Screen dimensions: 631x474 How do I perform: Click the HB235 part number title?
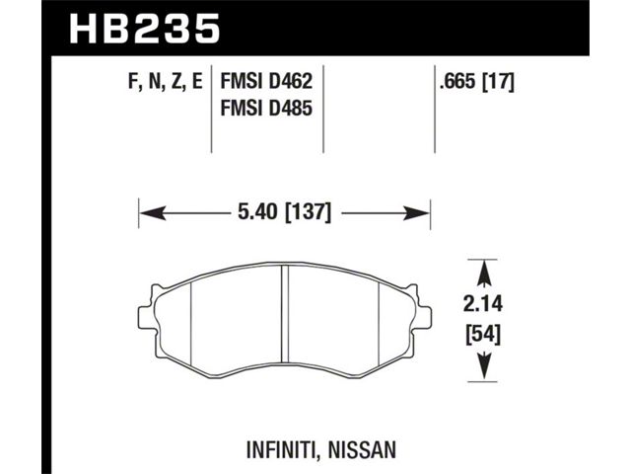145,29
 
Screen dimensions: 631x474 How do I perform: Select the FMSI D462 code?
266,82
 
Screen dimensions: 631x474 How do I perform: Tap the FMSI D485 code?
266,109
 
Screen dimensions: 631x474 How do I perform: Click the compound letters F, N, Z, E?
165,83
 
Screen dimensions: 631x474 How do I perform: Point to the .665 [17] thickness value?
477,83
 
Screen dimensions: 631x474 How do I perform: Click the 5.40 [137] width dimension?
285,212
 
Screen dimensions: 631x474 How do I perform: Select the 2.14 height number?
483,304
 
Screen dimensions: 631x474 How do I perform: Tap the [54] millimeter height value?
483,336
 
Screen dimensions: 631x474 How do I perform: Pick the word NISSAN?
362,450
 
